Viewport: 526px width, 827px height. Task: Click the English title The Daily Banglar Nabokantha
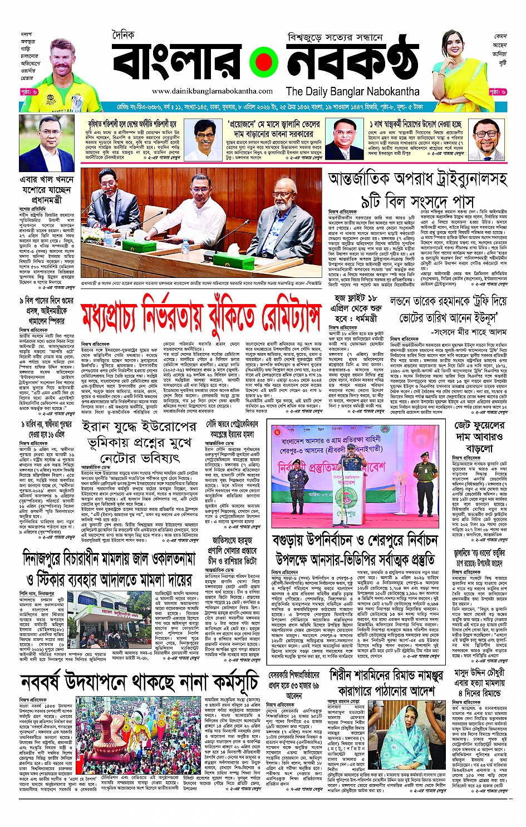point(352,91)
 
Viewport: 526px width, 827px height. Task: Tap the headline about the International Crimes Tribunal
point(417,190)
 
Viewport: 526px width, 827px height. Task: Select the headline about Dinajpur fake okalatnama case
point(107,569)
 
